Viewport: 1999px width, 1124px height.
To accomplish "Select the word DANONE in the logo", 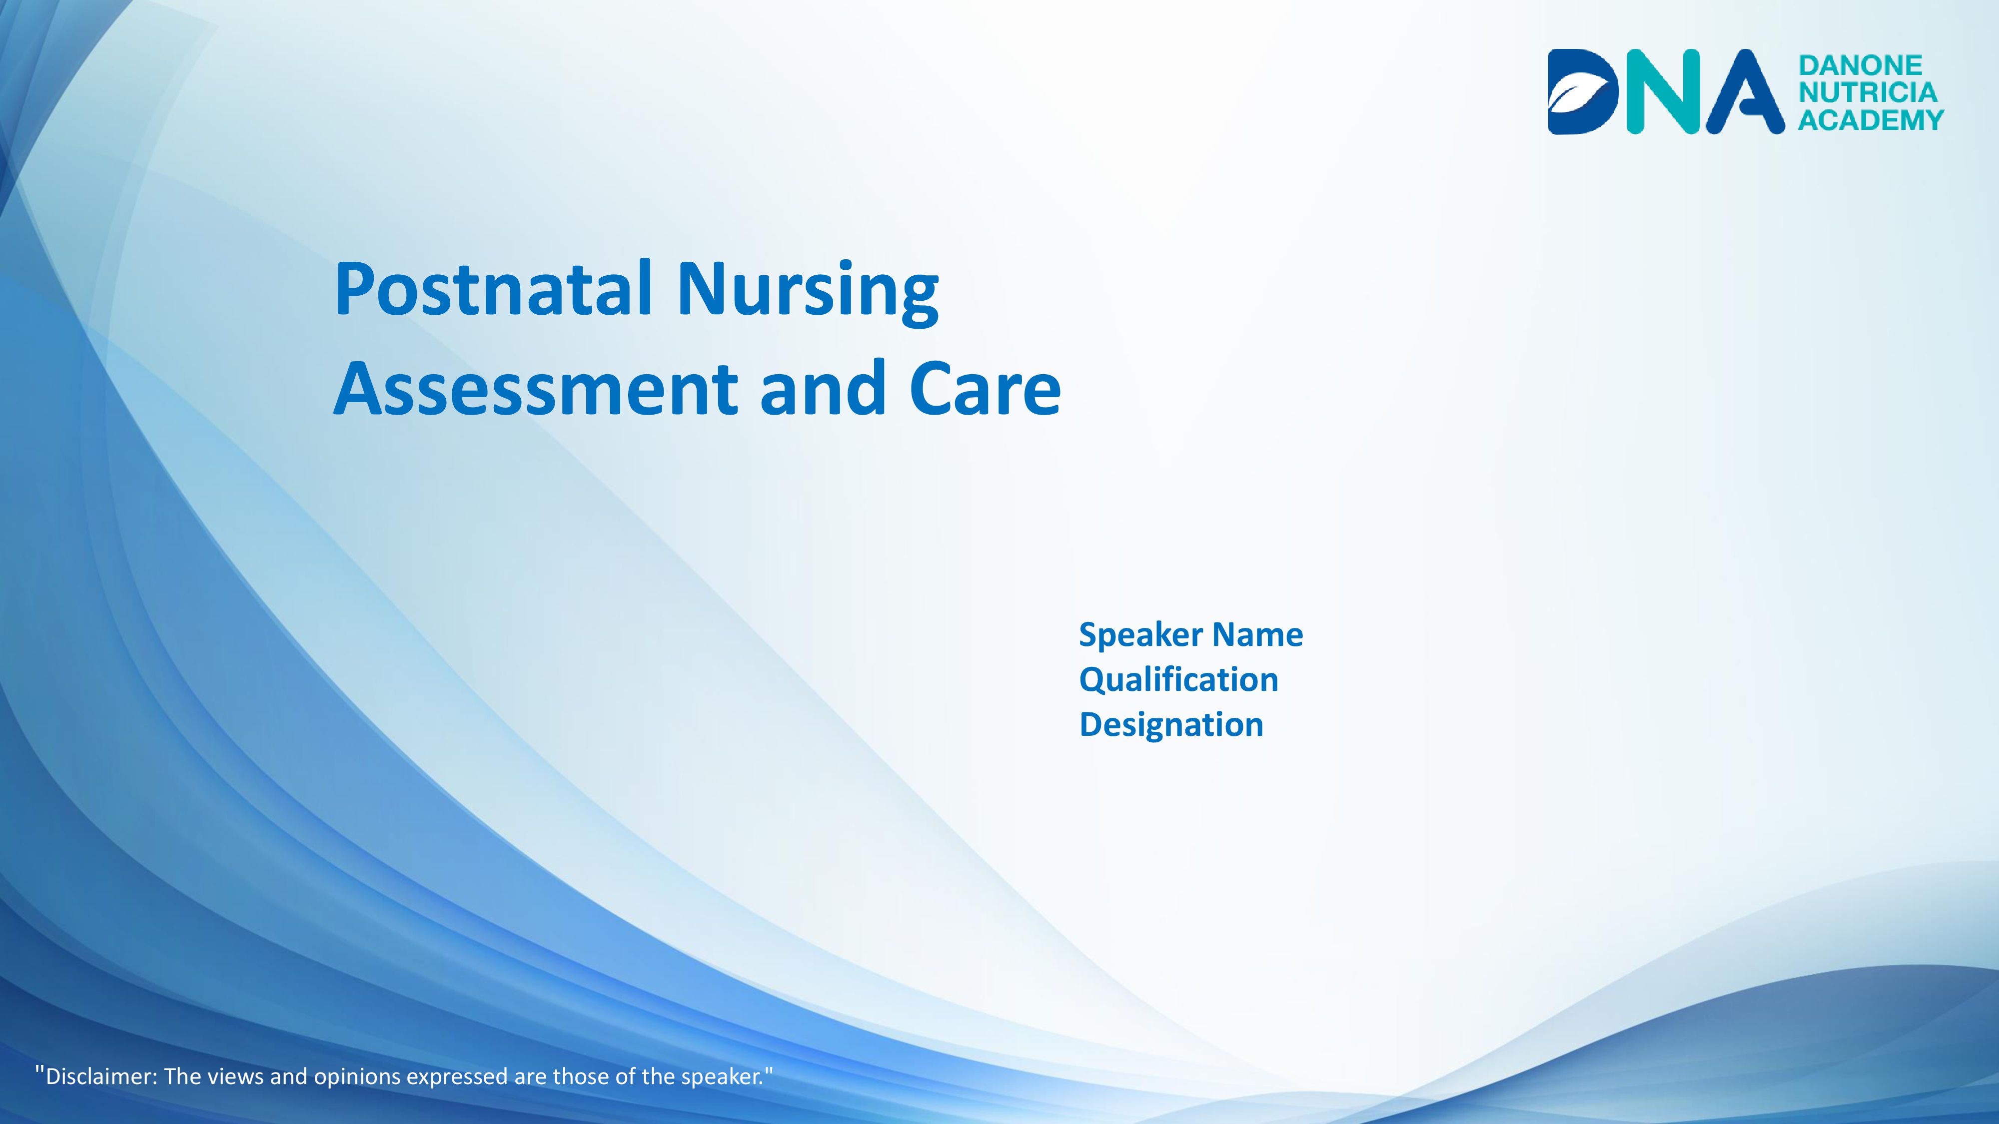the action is click(x=1860, y=65).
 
